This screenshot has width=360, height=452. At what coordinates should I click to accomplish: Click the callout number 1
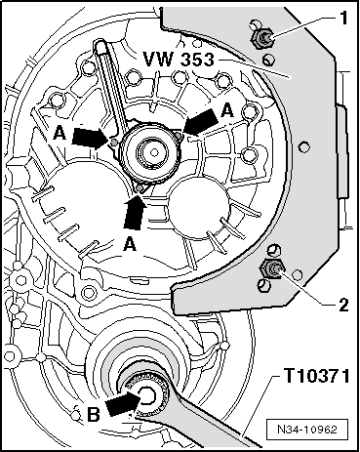tap(342, 18)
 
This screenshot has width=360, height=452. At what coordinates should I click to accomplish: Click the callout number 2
tap(343, 306)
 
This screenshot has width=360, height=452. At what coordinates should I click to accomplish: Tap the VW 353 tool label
tap(179, 60)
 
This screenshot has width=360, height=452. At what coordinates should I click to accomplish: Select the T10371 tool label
tap(317, 376)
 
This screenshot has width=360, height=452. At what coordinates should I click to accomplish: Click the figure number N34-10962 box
tap(307, 430)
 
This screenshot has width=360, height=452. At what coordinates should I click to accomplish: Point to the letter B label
tap(94, 415)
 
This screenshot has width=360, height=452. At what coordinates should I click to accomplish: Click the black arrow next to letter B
tap(123, 403)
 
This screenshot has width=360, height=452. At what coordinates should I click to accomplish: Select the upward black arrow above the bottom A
tap(135, 211)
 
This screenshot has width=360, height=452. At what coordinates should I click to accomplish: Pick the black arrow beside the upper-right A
tap(200, 121)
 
